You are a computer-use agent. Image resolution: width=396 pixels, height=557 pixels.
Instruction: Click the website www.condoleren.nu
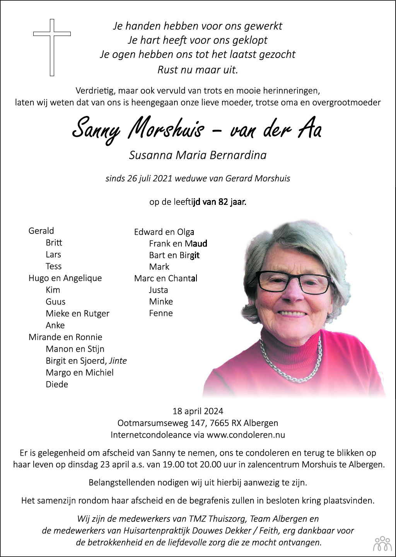point(246,434)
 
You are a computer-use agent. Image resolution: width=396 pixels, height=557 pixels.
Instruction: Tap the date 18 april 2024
point(198,411)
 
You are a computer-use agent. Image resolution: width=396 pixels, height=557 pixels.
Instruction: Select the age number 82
point(223,202)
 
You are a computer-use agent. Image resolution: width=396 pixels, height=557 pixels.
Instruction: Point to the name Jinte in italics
point(118,361)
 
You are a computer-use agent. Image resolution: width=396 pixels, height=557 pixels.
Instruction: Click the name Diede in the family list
point(57,384)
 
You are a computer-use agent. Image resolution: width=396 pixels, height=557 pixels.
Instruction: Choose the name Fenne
point(161,313)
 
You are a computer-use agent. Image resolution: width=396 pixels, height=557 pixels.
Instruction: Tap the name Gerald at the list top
point(41,231)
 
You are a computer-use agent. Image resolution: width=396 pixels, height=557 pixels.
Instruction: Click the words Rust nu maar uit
point(198,70)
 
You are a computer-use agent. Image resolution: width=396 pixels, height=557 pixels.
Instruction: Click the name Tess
point(53,266)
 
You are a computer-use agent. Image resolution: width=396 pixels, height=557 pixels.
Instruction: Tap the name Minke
point(161,301)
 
